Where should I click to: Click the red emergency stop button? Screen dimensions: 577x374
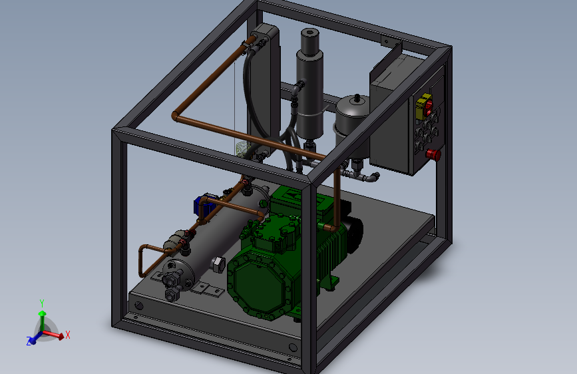(x=434, y=154)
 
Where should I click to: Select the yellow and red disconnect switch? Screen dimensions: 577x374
(x=424, y=106)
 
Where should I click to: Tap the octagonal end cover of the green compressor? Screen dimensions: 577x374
(x=260, y=283)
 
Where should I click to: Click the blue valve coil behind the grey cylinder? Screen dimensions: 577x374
(x=202, y=206)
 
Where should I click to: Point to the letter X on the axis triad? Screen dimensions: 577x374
(x=68, y=335)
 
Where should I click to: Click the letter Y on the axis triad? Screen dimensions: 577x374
(x=42, y=303)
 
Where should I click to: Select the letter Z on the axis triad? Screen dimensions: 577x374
(x=29, y=341)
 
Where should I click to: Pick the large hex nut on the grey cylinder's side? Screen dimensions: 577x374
(x=218, y=265)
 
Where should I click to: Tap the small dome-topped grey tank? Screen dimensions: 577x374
(x=353, y=117)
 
